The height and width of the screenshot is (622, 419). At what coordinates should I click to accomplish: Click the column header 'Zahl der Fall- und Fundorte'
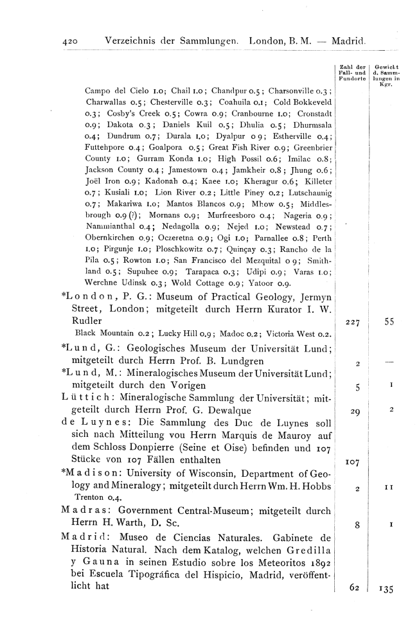coord(352,73)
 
